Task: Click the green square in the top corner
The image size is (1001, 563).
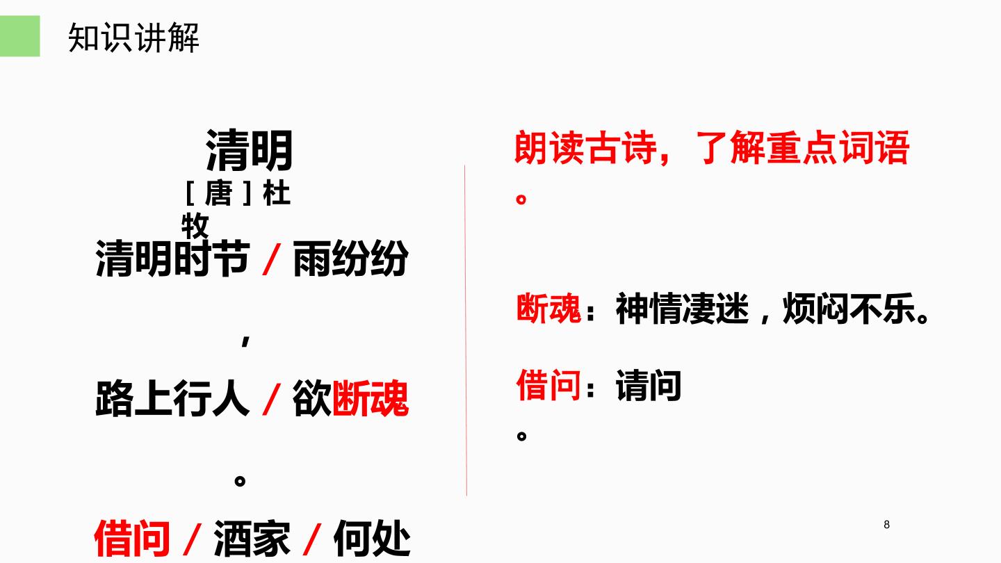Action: coord(19,35)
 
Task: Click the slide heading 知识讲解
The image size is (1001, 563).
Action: coord(133,38)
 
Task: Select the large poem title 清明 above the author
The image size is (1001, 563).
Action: coord(249,151)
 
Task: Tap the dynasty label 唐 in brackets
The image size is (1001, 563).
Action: coord(218,194)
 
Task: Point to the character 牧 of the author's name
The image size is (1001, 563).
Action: coord(195,226)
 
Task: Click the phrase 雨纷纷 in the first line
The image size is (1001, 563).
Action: coord(350,259)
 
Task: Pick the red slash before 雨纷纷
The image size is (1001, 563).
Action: coord(271,259)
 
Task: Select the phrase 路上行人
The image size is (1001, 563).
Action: coord(172,398)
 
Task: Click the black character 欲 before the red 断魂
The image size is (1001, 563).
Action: coord(312,398)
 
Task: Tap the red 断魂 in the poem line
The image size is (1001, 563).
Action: coord(371,398)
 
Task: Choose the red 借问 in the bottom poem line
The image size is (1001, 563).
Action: coord(132,539)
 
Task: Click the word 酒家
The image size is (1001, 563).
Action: coord(252,539)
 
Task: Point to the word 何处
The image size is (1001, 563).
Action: coord(372,539)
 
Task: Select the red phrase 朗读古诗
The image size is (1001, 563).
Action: coord(585,148)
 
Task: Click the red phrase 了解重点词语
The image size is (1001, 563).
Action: coord(803,148)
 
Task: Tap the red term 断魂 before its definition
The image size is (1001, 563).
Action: coord(548,309)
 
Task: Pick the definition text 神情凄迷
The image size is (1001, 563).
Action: coord(682,309)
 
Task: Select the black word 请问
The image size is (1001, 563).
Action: coord(649,385)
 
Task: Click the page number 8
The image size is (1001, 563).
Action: coord(886,525)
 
